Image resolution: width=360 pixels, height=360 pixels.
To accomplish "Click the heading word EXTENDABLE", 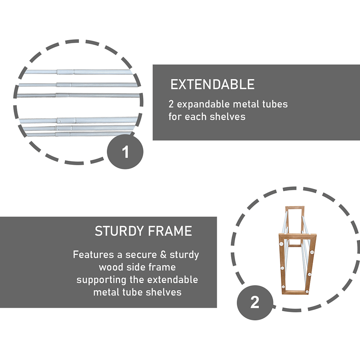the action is coord(212,84).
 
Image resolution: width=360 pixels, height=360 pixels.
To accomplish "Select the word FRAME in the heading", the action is coord(170,231).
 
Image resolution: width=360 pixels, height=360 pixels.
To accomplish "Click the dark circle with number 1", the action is coord(125,152).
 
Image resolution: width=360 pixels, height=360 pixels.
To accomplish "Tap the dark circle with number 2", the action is coord(255,302).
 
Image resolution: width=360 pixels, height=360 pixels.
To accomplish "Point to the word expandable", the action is coord(204,104).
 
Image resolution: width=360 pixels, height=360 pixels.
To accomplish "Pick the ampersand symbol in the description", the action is coord(163,255).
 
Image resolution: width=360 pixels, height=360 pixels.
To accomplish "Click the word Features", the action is coord(94,255).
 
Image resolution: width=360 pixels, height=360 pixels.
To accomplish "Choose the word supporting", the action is coord(101,280).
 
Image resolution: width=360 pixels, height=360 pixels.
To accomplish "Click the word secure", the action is coord(141,255).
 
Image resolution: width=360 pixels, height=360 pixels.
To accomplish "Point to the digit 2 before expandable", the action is coord(171,104).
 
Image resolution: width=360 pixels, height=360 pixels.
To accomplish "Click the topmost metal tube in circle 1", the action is coord(78,72).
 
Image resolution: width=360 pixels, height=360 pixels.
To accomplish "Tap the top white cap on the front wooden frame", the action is coord(281,244).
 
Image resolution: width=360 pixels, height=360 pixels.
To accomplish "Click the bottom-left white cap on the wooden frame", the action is coord(283,286).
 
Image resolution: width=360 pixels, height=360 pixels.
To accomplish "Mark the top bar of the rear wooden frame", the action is coord(295,207).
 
